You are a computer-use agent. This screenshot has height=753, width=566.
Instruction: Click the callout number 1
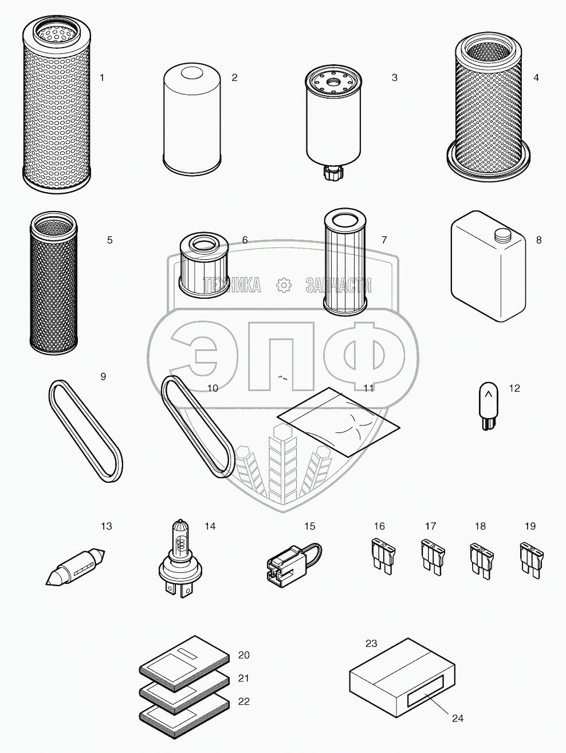point(102,78)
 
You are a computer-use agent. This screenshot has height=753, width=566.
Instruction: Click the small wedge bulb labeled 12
point(488,406)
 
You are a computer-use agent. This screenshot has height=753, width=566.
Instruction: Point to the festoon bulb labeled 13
point(76,567)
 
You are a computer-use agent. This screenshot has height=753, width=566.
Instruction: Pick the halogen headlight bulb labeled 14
point(180,559)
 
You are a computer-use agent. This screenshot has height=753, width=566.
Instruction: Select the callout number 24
point(458,718)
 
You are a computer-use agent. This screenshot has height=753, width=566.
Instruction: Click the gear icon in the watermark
point(284,285)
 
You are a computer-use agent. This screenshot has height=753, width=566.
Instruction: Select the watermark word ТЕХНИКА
point(232,285)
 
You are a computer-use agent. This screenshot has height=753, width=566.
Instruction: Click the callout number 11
point(368,388)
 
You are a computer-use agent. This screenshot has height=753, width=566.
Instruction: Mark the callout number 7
point(384,240)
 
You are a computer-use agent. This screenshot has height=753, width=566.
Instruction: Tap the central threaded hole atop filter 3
point(333,82)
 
